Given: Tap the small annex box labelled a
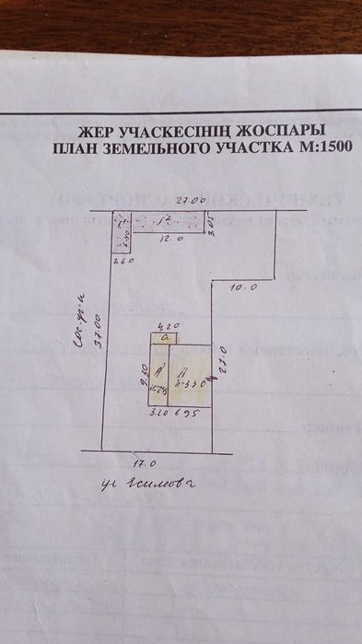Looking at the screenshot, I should pos(167,339).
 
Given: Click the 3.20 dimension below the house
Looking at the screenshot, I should pos(157,414).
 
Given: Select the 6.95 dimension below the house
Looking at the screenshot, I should pos(186,414).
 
